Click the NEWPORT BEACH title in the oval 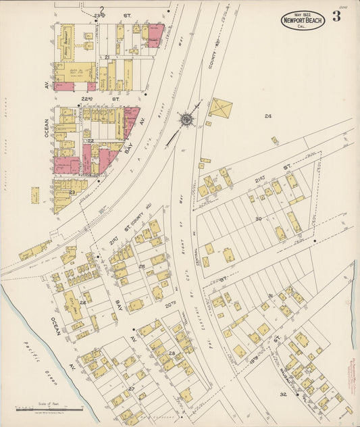click(303, 20)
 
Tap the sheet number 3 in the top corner click(336, 16)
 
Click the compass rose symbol click(185, 119)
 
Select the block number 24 click(267, 116)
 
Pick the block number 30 click(258, 218)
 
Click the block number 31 click(270, 296)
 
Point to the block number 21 click(107, 57)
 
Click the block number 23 click(72, 192)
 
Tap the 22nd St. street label click(91, 99)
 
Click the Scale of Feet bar click(49, 409)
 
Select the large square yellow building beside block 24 click(220, 107)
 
